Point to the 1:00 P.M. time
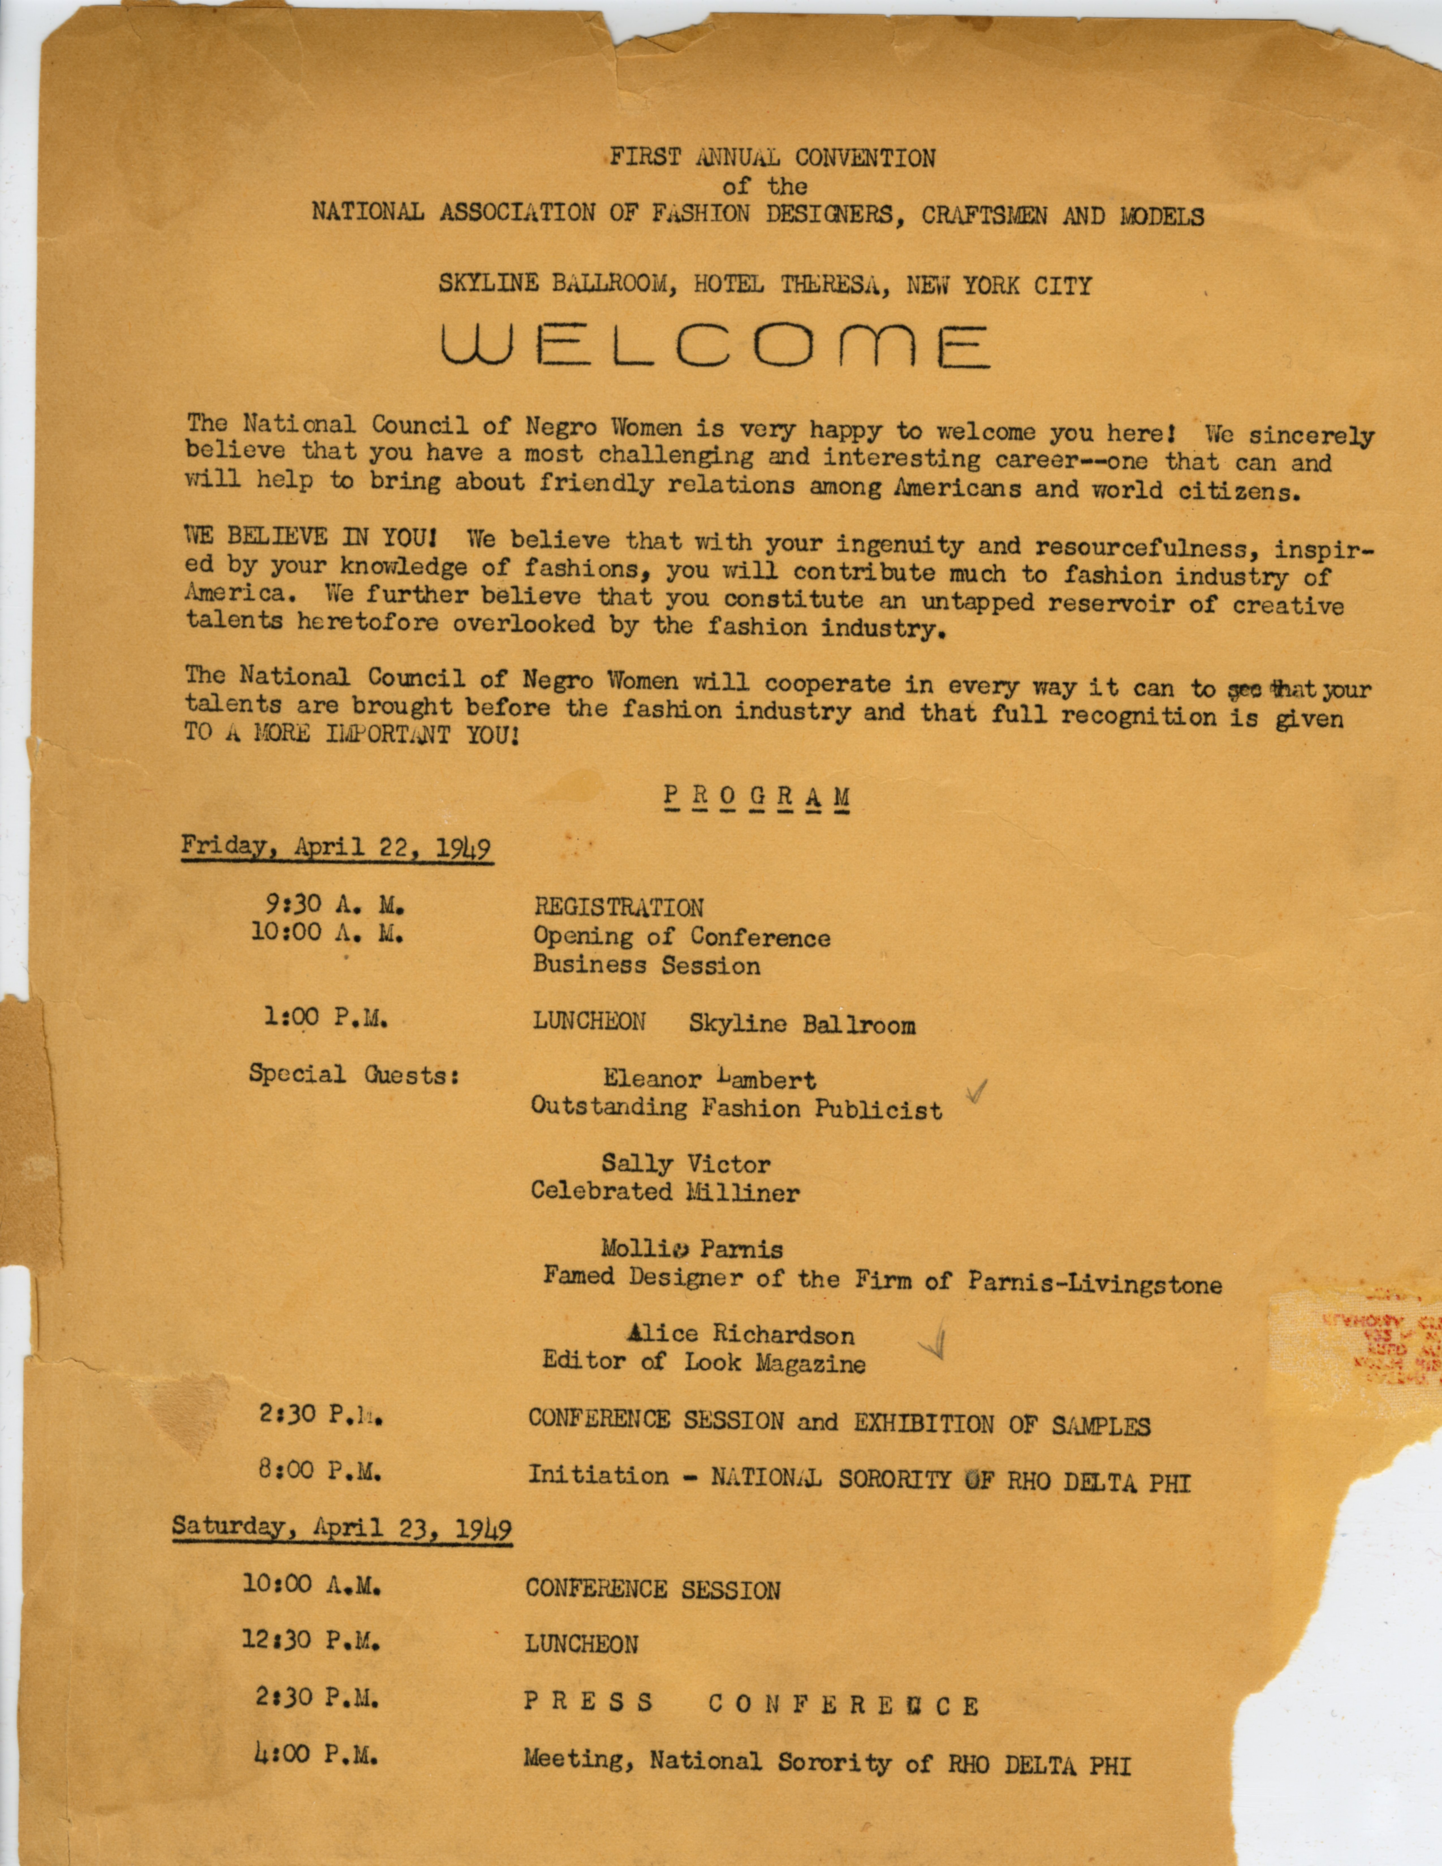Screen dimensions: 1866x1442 click(326, 1018)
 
